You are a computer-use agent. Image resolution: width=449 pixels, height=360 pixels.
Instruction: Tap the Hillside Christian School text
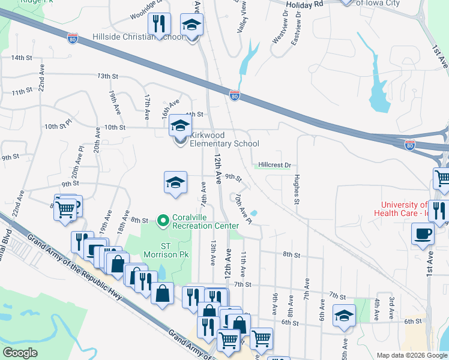click(x=138, y=37)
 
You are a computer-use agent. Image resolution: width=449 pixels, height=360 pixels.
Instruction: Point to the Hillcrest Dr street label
click(x=274, y=164)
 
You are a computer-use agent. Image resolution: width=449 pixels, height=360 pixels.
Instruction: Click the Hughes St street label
click(x=297, y=189)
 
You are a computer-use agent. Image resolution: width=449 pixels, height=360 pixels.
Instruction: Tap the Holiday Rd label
click(x=304, y=4)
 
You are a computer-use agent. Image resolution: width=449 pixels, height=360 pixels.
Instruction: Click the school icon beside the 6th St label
click(x=343, y=315)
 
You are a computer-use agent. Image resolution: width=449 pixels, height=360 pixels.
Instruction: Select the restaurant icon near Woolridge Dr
click(x=158, y=24)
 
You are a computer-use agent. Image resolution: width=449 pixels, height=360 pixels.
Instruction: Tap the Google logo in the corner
click(x=20, y=353)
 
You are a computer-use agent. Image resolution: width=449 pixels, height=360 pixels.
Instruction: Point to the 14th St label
click(x=21, y=58)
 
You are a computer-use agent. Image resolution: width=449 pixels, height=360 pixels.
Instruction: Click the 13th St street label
click(x=107, y=76)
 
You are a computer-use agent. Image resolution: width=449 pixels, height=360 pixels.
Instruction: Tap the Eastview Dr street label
click(x=295, y=28)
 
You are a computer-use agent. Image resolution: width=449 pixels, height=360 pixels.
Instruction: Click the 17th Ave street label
click(x=147, y=101)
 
